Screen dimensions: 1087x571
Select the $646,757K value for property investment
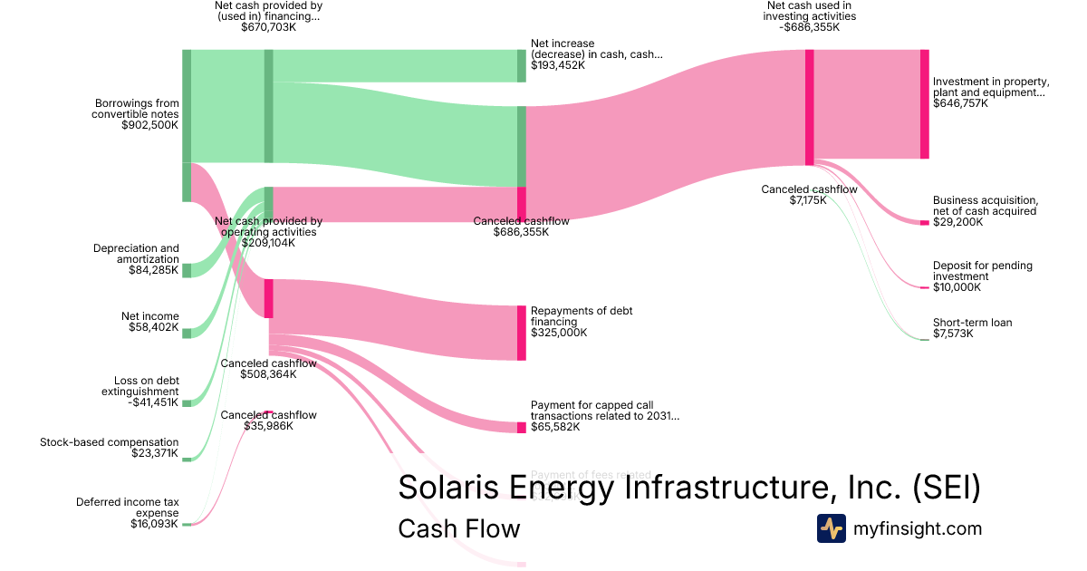[x=960, y=104]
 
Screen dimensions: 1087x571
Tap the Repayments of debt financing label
[x=582, y=316]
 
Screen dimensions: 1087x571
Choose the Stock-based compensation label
[x=109, y=442]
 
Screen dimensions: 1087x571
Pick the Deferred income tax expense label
[x=127, y=507]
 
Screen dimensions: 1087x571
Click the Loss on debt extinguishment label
[x=139, y=386]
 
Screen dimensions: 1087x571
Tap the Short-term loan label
[x=973, y=323]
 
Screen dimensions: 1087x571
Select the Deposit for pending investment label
[x=982, y=271]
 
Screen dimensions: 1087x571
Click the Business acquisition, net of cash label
[x=985, y=206]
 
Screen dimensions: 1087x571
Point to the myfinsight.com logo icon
[x=831, y=528]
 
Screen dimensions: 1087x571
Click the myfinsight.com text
[x=917, y=528]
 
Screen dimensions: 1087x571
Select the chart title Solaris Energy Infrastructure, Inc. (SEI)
[x=688, y=488]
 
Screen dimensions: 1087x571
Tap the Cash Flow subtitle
[x=458, y=529]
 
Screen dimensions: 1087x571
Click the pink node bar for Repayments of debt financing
[x=522, y=333]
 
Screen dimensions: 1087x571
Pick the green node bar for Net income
[x=187, y=334]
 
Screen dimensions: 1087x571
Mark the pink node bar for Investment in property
[x=924, y=104]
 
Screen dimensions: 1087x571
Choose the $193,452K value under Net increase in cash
[x=557, y=65]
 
